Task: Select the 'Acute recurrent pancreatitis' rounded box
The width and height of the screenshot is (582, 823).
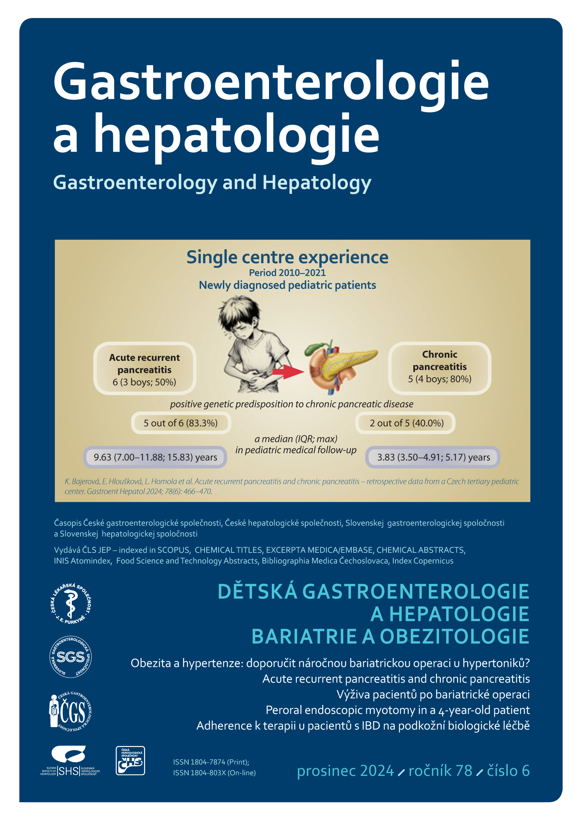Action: (144, 369)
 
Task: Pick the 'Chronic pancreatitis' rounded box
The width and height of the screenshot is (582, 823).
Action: (439, 367)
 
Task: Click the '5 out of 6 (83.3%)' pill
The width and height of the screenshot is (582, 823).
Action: (181, 423)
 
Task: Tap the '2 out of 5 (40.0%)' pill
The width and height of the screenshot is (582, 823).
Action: (406, 423)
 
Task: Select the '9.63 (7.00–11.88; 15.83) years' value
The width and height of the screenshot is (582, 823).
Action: (155, 457)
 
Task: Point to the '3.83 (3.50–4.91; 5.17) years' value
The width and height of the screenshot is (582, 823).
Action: (433, 457)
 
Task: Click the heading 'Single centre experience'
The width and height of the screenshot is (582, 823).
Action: (287, 257)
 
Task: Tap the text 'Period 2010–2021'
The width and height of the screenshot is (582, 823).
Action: (287, 273)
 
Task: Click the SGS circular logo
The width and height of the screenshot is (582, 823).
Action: (71, 657)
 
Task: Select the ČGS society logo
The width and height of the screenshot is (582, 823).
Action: (70, 711)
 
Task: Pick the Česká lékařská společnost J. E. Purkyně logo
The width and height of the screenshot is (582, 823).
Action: (71, 604)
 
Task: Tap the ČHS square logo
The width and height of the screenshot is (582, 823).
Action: (130, 761)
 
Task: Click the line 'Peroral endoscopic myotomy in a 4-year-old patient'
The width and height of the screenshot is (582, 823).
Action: (397, 710)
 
